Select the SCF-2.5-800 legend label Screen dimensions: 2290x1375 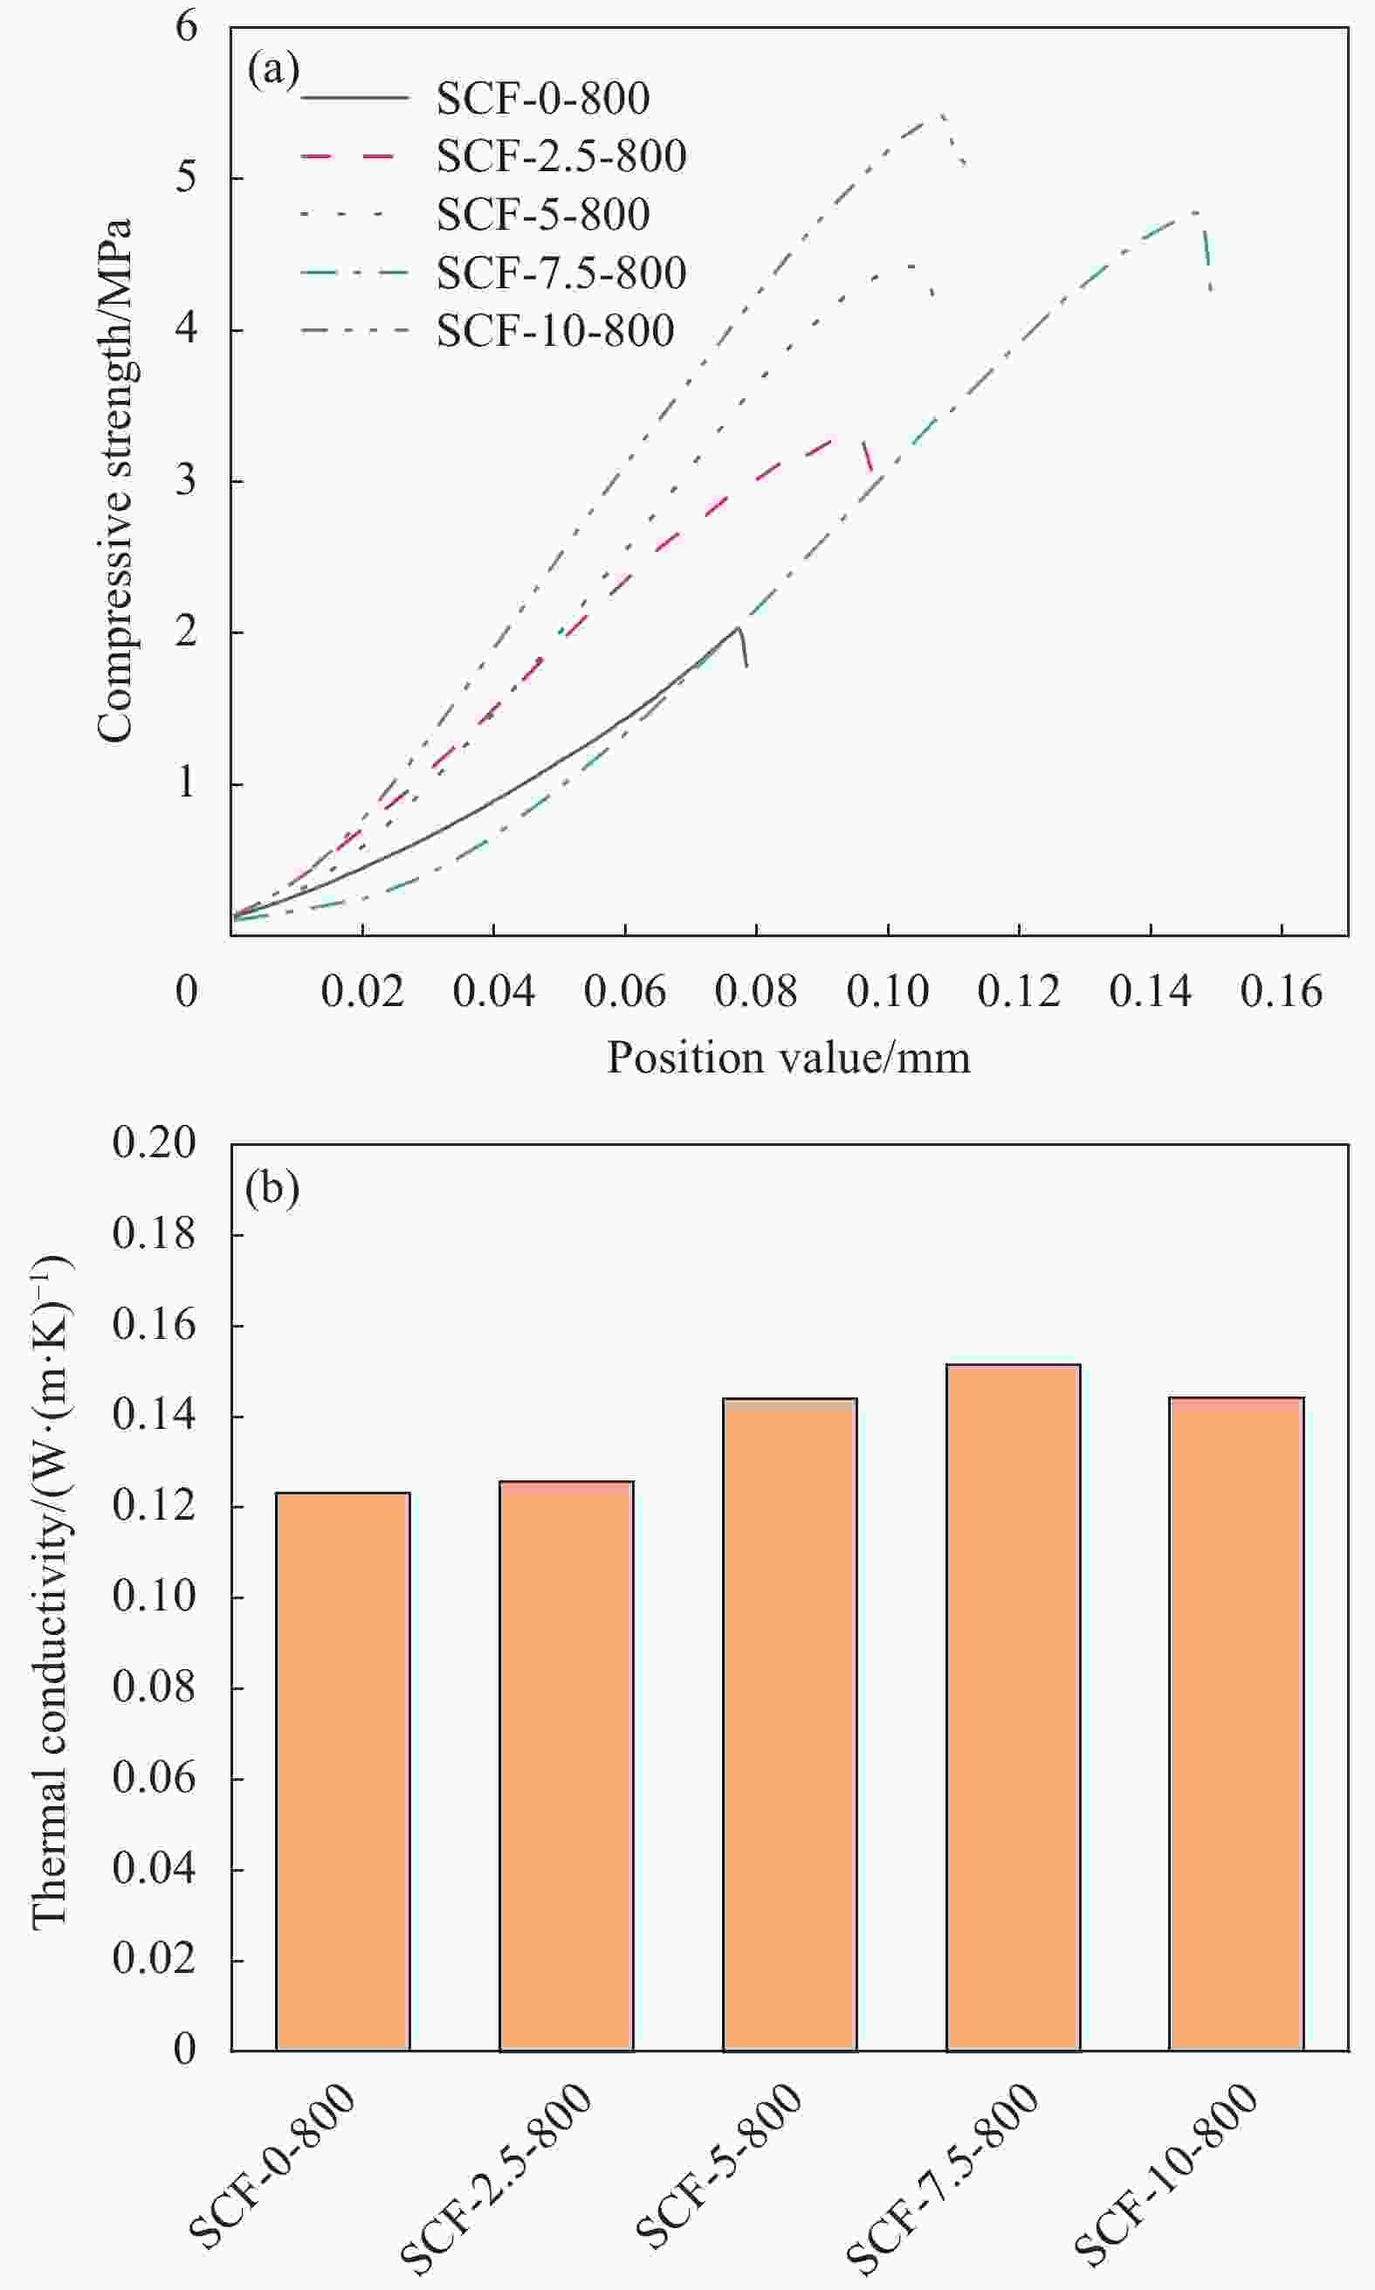pyautogui.click(x=560, y=156)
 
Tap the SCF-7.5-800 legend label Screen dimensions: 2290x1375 pyautogui.click(x=560, y=273)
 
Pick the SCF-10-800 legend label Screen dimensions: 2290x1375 pyautogui.click(x=555, y=332)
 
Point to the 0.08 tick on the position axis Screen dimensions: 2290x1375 pyautogui.click(x=755, y=992)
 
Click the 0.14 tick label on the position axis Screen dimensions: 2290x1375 pyautogui.click(x=1150, y=992)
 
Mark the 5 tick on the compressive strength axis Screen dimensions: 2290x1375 pyautogui.click(x=186, y=176)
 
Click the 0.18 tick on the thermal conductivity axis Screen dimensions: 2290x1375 pyautogui.click(x=154, y=1234)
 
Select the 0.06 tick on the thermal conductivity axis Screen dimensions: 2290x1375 pyautogui.click(x=154, y=1778)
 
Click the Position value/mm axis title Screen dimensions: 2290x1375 pyautogui.click(x=788, y=1059)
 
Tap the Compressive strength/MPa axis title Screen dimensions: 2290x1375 pyautogui.click(x=115, y=481)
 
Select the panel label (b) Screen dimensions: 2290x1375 pyautogui.click(x=272, y=1189)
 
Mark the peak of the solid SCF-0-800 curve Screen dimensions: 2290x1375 pyautogui.click(x=739, y=627)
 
